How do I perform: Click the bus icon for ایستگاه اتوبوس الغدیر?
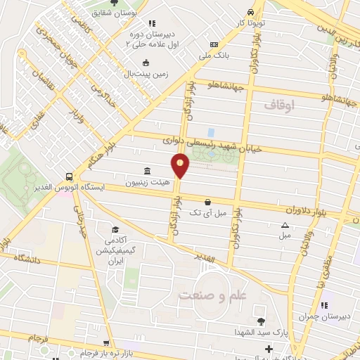[69, 176]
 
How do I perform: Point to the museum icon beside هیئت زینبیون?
[147, 172]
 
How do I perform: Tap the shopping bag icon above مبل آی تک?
[207, 202]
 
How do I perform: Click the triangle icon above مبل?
[285, 225]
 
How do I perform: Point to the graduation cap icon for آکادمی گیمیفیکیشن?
[115, 229]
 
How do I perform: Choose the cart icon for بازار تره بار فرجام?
[106, 344]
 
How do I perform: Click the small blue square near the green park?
[211, 131]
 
